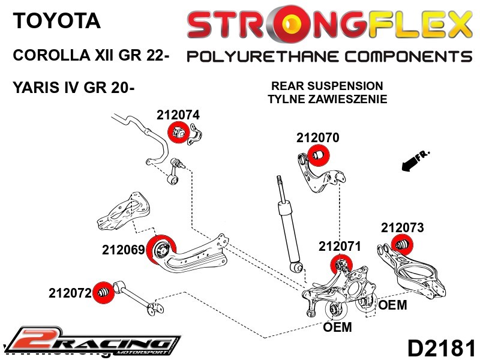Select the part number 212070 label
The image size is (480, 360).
click(317, 138)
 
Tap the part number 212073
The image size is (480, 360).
click(402, 228)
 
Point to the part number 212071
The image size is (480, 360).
click(340, 246)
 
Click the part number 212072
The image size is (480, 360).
click(70, 293)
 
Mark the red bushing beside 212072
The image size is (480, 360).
click(105, 292)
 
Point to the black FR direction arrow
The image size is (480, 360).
click(412, 160)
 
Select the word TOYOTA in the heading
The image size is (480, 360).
click(57, 22)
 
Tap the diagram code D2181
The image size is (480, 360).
click(442, 348)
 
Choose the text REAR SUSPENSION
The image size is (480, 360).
click(327, 86)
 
